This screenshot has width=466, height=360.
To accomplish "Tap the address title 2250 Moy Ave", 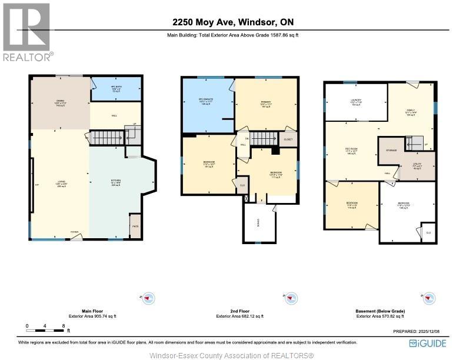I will (233, 22).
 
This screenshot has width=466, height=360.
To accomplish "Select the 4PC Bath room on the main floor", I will (116, 89).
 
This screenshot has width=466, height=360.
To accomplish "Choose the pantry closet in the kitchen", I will (135, 226).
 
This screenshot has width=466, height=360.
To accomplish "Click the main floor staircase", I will (106, 138).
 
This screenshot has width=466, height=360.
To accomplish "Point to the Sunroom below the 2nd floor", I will (259, 222).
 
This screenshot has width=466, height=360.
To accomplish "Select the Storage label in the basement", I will (391, 151).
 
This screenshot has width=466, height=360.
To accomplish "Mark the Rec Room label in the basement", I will (351, 150).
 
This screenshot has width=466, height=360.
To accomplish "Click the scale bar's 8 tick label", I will (63, 325).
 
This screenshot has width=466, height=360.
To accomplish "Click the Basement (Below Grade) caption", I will (380, 311).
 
